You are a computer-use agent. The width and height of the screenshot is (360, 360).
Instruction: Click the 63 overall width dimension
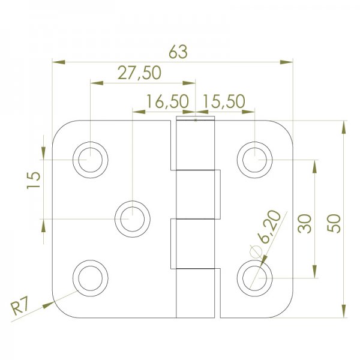(x=178, y=52)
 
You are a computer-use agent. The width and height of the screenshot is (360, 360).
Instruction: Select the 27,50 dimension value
(x=139, y=73)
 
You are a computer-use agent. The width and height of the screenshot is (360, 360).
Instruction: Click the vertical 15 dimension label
(x=33, y=179)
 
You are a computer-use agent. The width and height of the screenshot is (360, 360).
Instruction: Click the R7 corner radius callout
(x=22, y=308)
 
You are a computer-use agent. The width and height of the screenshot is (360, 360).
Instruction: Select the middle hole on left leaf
(x=133, y=218)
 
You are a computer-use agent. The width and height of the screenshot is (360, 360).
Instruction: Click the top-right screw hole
(x=254, y=159)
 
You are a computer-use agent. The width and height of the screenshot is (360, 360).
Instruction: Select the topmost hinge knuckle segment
(x=196, y=145)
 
